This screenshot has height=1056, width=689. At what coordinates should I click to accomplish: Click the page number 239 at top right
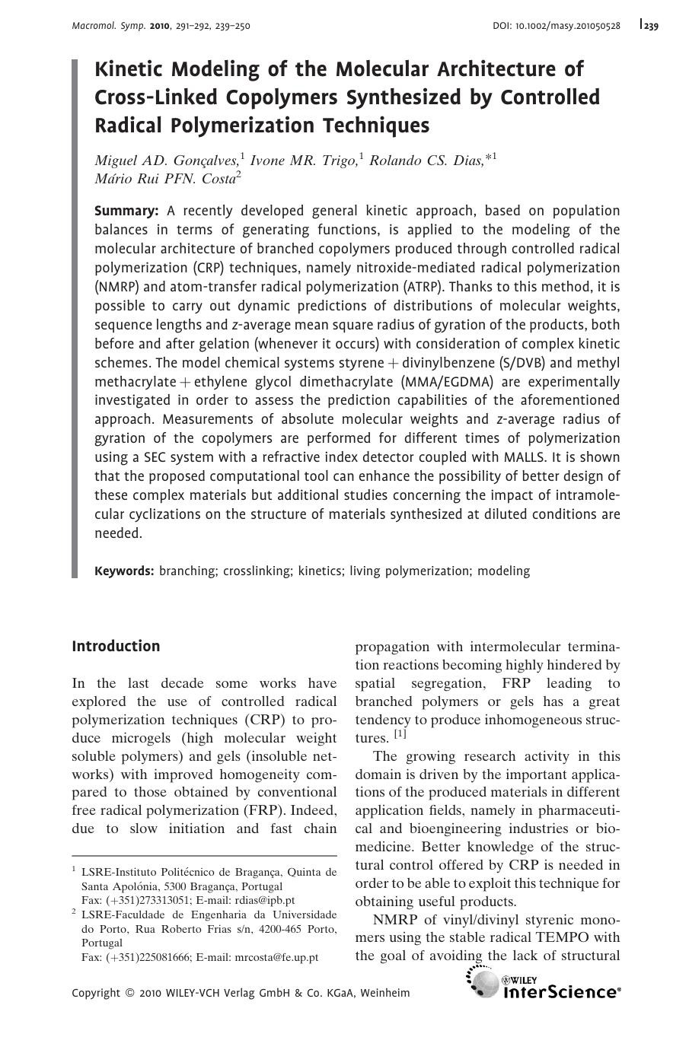(x=650, y=26)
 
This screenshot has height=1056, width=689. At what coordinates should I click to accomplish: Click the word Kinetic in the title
(x=129, y=69)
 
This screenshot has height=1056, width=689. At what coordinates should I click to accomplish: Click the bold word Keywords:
(x=124, y=571)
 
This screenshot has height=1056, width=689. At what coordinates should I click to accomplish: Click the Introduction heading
(x=116, y=646)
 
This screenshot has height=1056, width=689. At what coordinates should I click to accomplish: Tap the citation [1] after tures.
(x=400, y=735)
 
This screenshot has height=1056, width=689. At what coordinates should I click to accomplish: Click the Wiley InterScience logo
(x=544, y=983)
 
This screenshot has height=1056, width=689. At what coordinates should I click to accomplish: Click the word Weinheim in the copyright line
(x=384, y=993)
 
